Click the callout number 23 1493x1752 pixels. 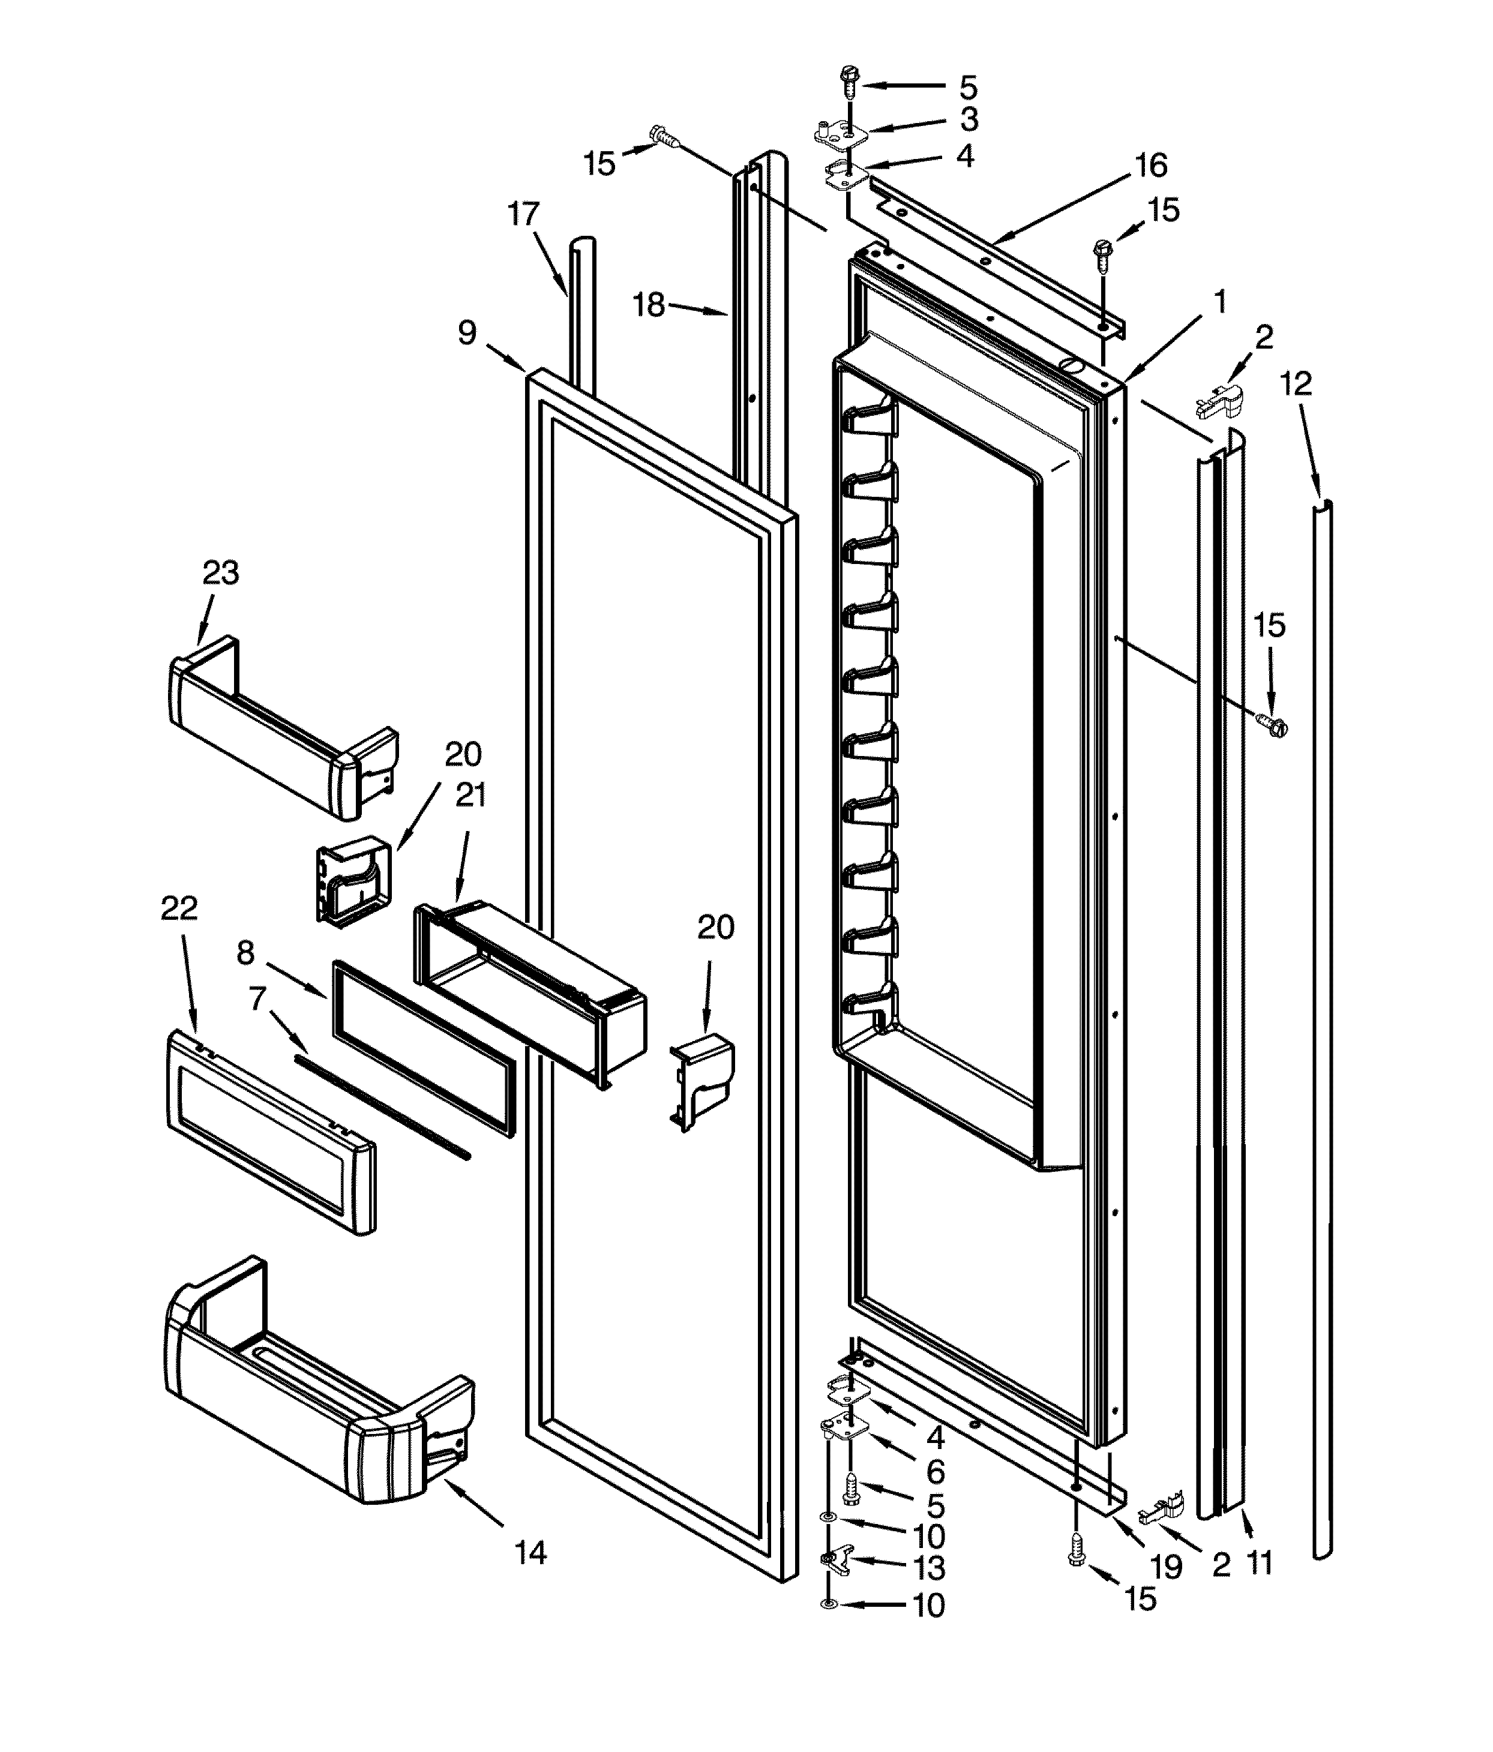pos(221,573)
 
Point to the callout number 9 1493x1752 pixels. pos(467,332)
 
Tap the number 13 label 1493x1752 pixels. pos(929,1568)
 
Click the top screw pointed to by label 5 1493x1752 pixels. pos(847,85)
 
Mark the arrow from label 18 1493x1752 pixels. pos(698,310)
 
